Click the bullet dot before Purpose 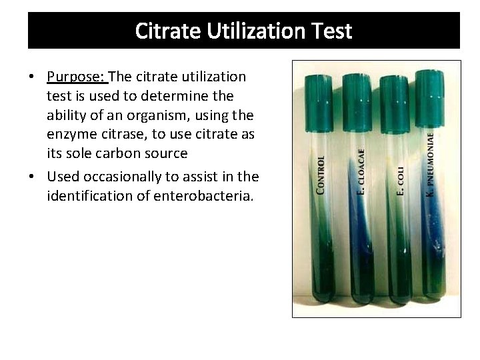[32, 78]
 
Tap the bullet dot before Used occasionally [32, 177]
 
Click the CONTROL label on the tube [321, 175]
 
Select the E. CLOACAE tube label [361, 171]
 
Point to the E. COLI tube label [401, 181]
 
